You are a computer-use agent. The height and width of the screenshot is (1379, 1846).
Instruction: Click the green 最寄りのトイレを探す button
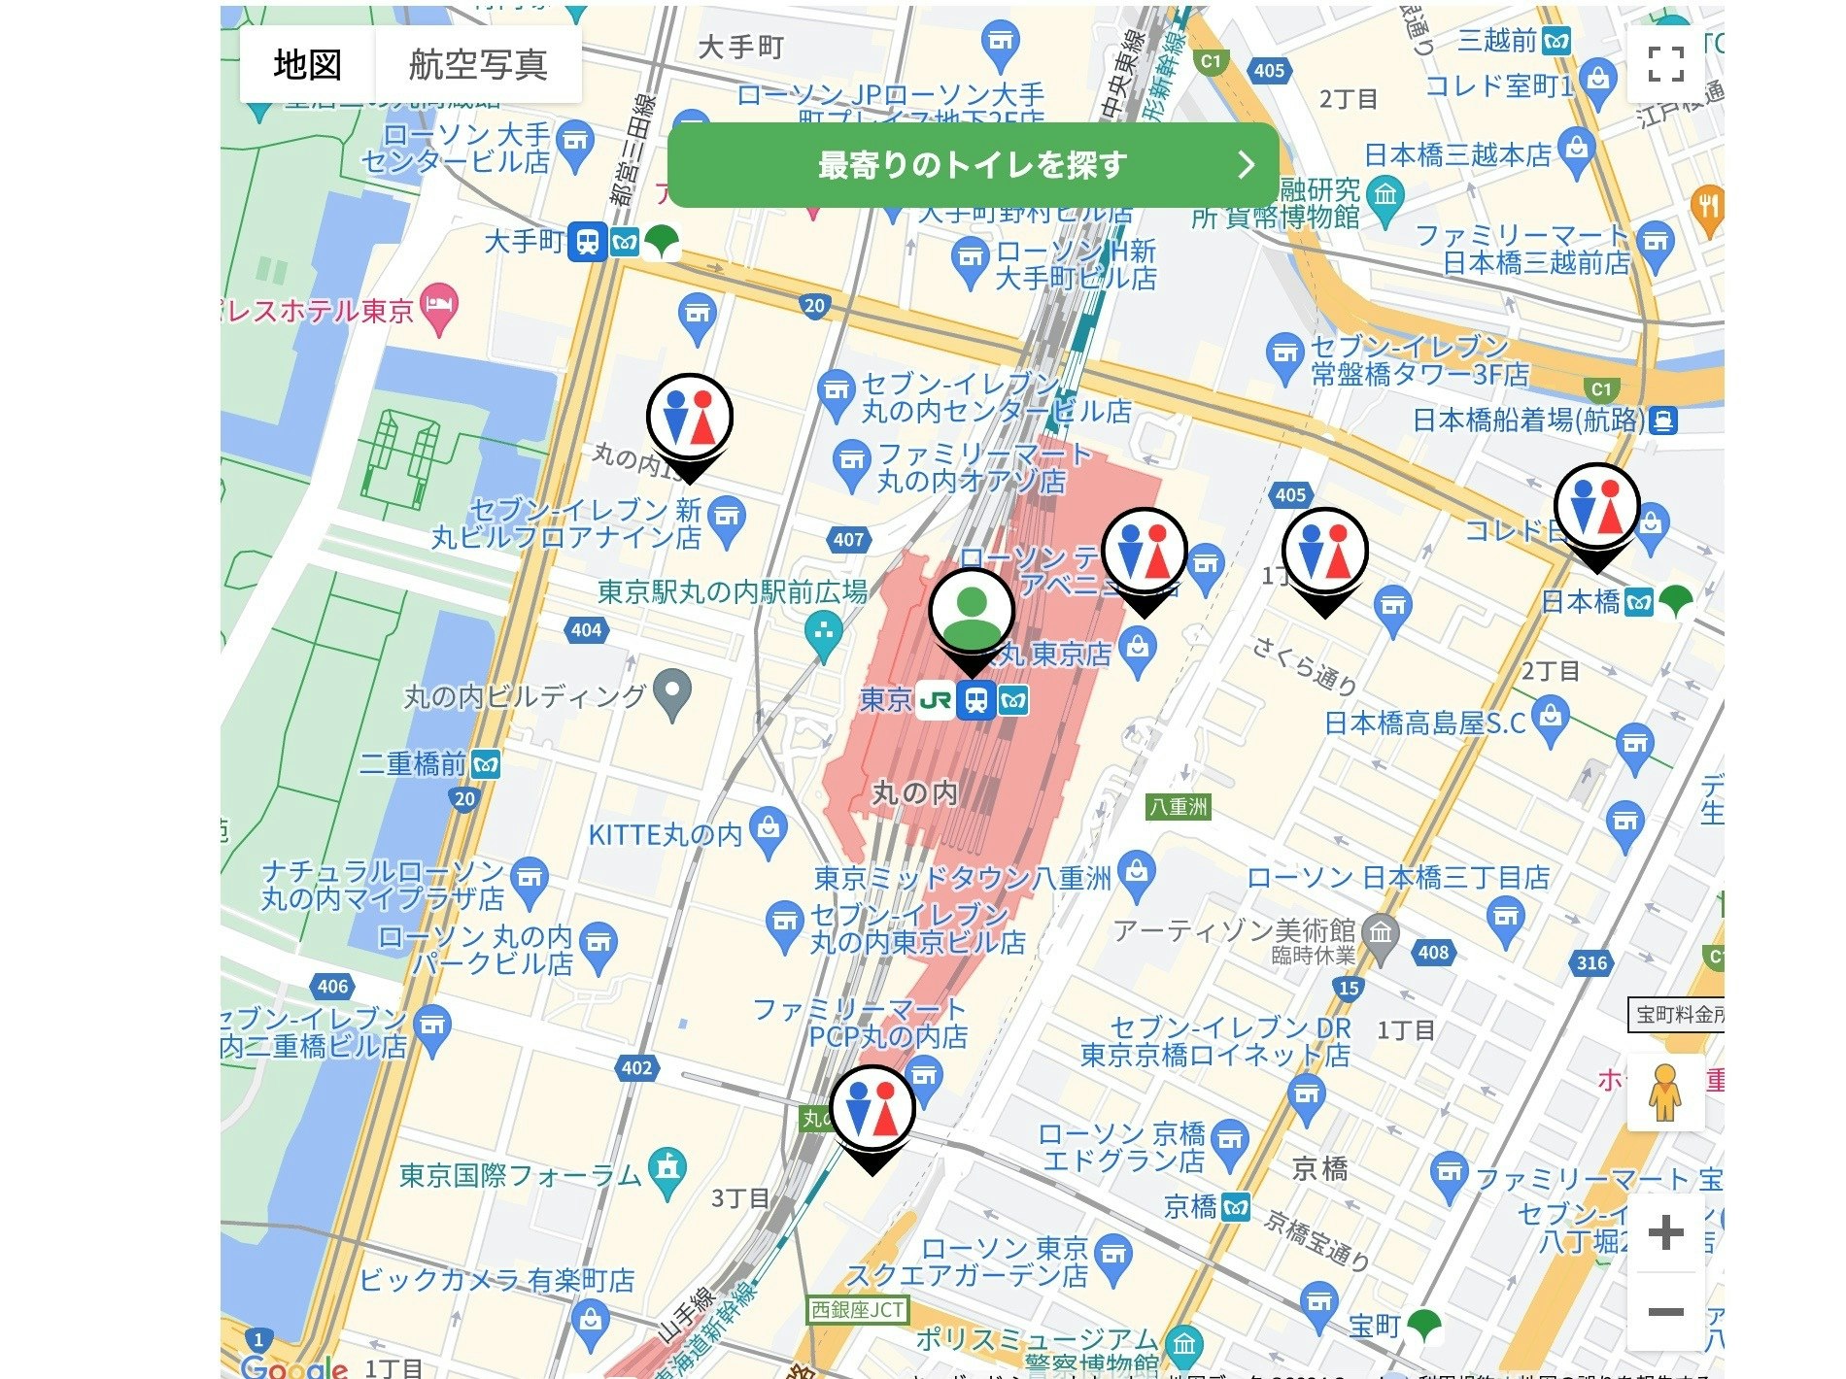[x=972, y=165]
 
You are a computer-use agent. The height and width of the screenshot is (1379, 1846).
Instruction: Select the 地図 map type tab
[x=307, y=64]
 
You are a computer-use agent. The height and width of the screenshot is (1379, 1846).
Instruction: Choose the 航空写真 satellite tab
[x=478, y=64]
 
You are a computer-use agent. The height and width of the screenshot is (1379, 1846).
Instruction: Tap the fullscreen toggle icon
[x=1665, y=64]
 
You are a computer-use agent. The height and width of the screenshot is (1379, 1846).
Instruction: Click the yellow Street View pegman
[x=1665, y=1092]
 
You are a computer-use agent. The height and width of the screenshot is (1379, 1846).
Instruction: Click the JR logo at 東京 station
[x=935, y=699]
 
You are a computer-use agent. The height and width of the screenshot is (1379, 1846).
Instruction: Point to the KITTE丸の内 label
[x=666, y=834]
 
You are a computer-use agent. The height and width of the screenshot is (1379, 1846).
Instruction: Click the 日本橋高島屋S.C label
[x=1424, y=723]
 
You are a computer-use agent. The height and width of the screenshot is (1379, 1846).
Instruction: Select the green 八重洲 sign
[x=1179, y=806]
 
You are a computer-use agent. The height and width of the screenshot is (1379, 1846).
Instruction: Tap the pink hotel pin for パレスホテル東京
[x=440, y=308]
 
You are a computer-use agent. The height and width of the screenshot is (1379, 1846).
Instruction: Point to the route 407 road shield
[x=848, y=539]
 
